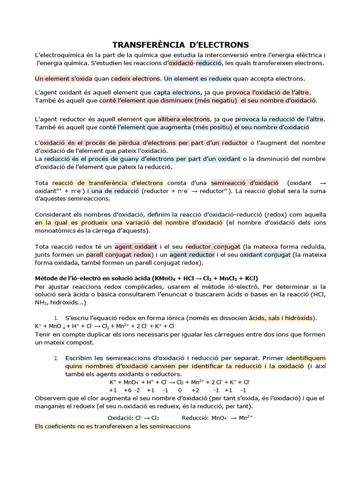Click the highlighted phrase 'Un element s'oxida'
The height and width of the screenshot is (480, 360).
(x=63, y=78)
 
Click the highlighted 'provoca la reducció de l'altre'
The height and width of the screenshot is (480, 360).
(x=279, y=119)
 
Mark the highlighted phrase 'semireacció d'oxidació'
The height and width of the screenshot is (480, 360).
(x=245, y=183)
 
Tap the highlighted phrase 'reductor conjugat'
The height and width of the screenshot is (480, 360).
(x=213, y=246)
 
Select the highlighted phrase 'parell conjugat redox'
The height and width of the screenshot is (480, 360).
(x=115, y=255)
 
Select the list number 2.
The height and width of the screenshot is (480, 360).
(x=56, y=358)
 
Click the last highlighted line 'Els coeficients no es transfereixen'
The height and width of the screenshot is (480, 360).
(x=112, y=427)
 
